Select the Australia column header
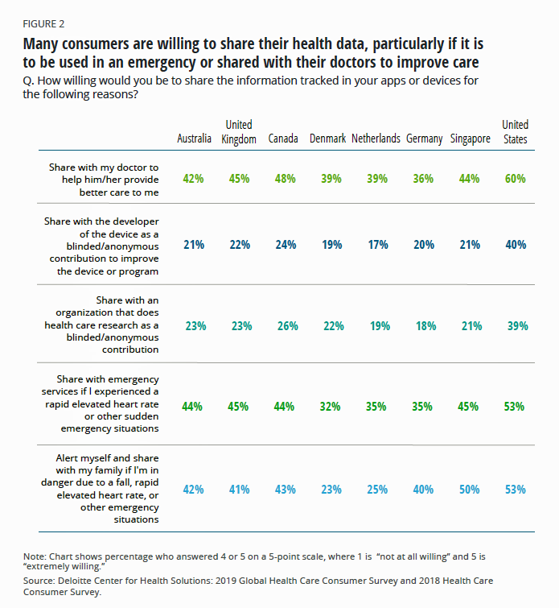click(x=194, y=139)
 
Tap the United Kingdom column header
click(x=239, y=131)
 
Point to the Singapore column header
click(x=471, y=139)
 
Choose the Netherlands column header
click(x=376, y=139)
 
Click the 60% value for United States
click(x=516, y=179)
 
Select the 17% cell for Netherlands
click(x=376, y=245)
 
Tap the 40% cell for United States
click(x=516, y=245)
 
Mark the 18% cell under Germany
click(x=425, y=326)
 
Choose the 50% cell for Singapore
click(x=471, y=489)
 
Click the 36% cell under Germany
click(x=425, y=179)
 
